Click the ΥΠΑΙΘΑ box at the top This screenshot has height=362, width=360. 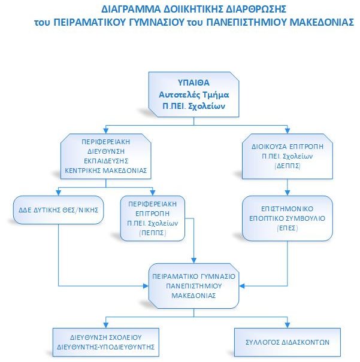coord(193,95)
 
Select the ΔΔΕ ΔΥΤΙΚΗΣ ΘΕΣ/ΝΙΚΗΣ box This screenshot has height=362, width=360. coord(59,210)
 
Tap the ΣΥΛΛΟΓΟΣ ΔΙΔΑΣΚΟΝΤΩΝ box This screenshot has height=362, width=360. coord(288,342)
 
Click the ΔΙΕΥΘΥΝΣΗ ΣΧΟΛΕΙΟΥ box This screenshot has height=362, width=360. coord(106,342)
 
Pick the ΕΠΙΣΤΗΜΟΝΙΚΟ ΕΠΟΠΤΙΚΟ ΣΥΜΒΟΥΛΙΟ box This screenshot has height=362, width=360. coord(288,218)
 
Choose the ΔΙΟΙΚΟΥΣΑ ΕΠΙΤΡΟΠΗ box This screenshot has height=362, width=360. coord(288,156)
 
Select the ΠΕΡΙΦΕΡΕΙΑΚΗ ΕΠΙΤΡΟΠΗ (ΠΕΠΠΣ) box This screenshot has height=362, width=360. coord(153,218)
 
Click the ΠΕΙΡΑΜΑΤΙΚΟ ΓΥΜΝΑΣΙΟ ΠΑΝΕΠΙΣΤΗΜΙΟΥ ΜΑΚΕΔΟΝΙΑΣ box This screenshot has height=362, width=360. coord(193,286)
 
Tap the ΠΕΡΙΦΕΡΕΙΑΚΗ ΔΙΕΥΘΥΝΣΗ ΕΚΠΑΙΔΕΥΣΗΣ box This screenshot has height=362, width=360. coord(106,156)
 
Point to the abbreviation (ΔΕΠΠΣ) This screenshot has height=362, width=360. coord(288,166)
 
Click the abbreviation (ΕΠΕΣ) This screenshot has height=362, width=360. coord(288,228)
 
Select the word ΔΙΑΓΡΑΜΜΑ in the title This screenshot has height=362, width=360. coord(131,9)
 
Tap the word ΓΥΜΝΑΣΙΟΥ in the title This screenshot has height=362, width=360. coord(158,22)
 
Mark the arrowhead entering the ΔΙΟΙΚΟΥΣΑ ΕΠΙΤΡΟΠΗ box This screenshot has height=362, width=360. coord(288,130)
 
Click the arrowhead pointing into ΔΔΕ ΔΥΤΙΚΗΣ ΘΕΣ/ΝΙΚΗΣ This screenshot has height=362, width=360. coord(59,193)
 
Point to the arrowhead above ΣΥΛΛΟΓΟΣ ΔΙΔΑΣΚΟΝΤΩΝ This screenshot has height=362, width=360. coord(288,325)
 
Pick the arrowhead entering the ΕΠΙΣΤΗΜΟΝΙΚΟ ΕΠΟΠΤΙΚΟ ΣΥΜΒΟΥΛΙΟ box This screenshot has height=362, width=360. coord(288,193)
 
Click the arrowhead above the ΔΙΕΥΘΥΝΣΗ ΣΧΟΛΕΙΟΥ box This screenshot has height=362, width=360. coord(106,325)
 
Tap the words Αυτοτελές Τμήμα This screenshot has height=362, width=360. coord(193,95)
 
